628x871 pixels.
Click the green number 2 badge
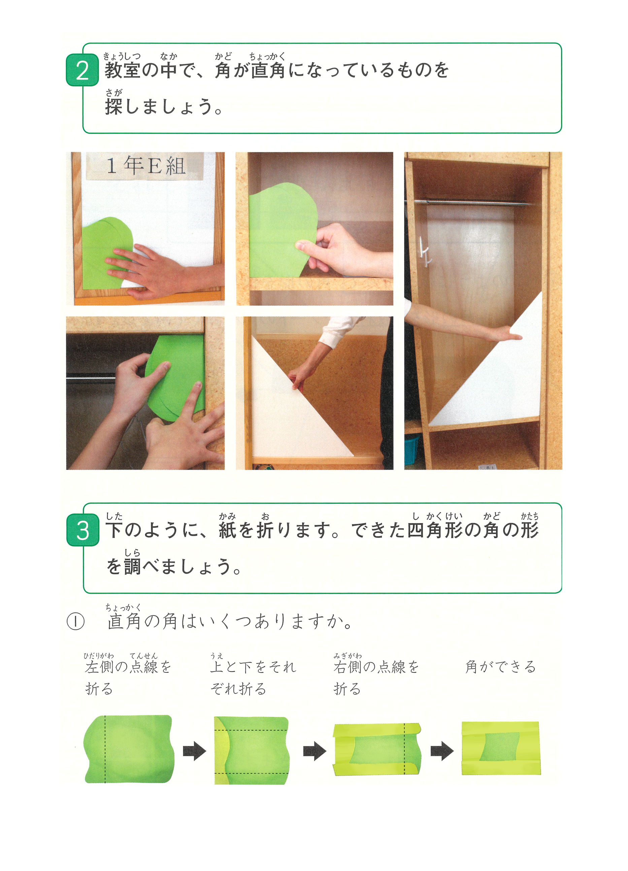pyautogui.click(x=82, y=70)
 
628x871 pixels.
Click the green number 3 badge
pyautogui.click(x=83, y=530)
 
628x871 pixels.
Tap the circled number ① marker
pyautogui.click(x=76, y=622)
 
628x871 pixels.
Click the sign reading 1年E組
pyautogui.click(x=146, y=166)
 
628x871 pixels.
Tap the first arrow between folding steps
pyautogui.click(x=194, y=751)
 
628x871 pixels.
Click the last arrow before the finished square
pyautogui.click(x=442, y=751)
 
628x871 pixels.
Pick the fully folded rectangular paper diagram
pyautogui.click(x=501, y=748)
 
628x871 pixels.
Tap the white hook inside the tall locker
pyautogui.click(x=426, y=252)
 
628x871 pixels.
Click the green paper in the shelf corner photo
pyautogui.click(x=282, y=230)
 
